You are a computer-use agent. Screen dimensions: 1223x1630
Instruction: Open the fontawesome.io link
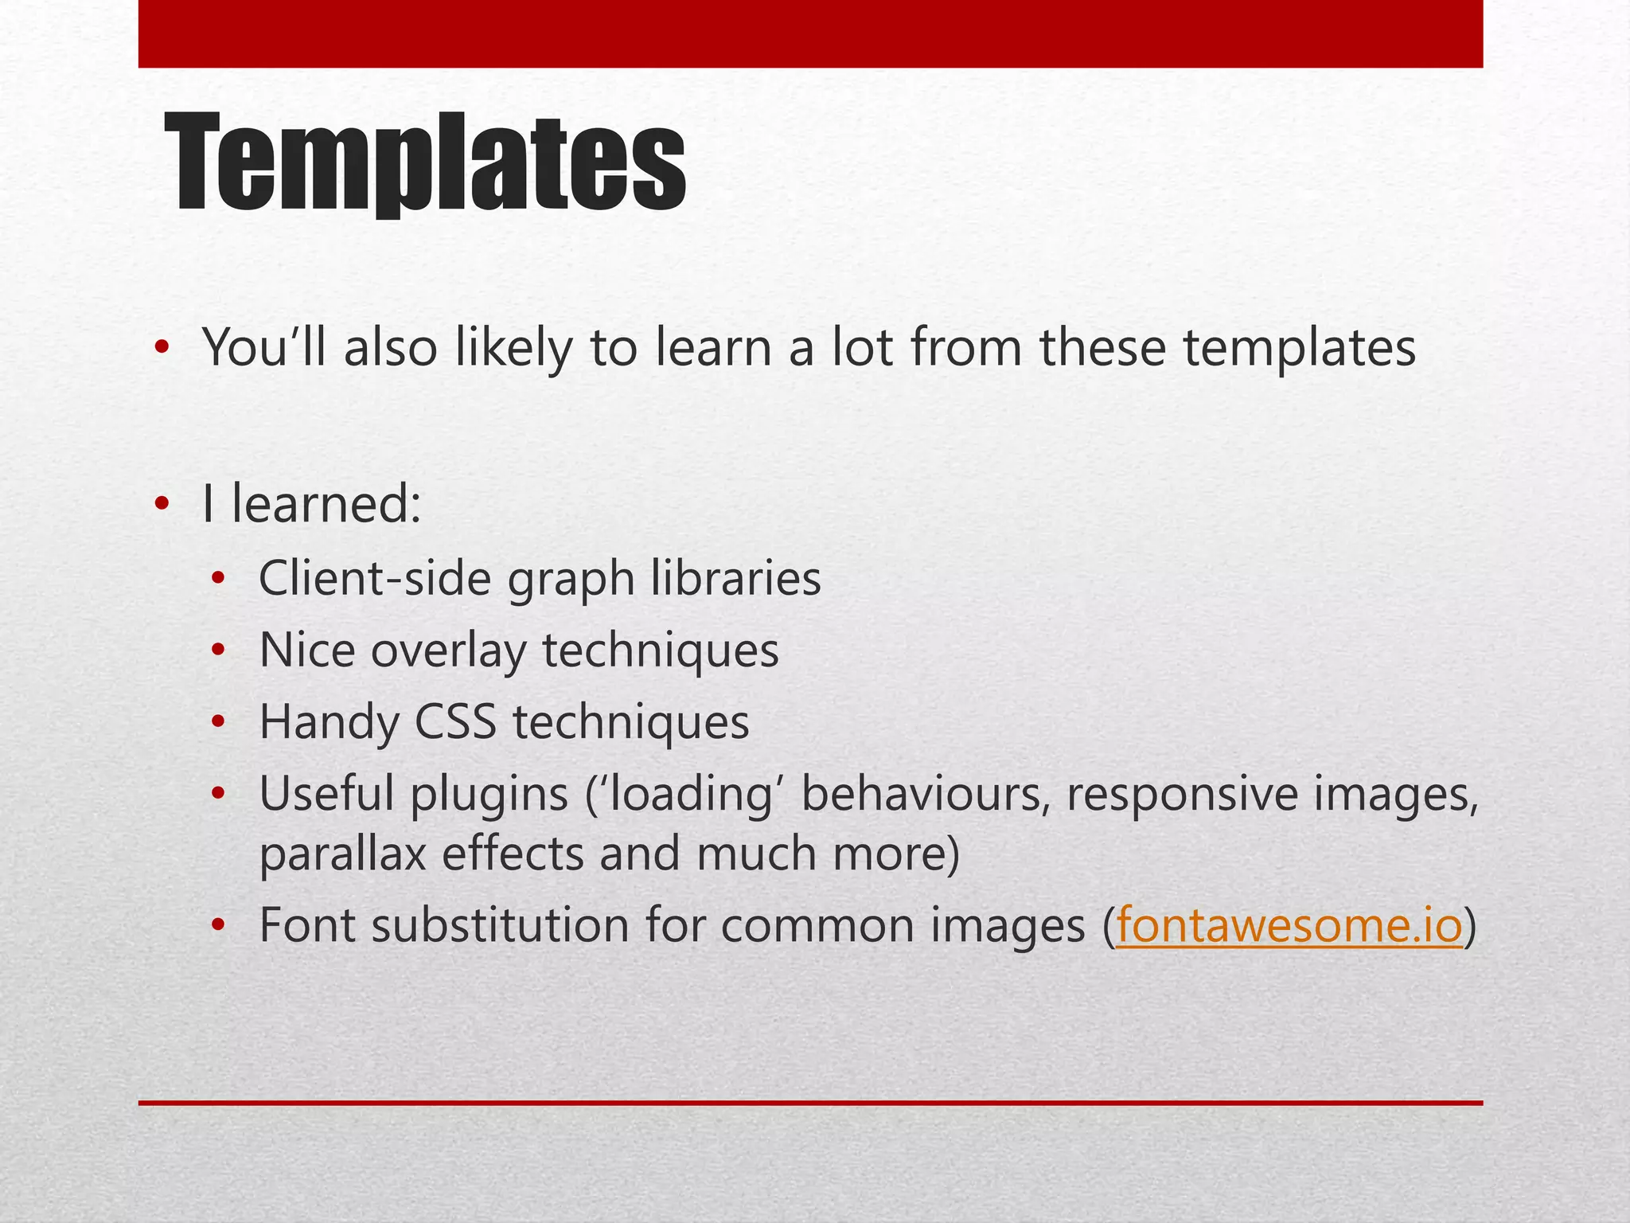coord(1289,925)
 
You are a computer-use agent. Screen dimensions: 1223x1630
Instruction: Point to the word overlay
coord(448,651)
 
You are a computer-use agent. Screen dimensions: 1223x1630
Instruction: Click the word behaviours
coord(922,795)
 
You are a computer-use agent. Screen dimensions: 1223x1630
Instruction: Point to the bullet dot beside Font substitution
coord(219,926)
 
